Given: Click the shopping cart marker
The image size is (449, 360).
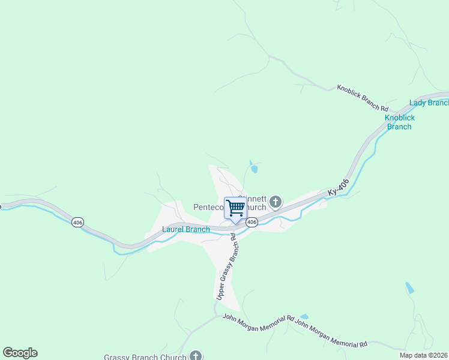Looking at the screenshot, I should click(x=236, y=208).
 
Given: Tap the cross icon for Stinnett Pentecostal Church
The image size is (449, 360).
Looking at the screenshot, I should click(x=276, y=202).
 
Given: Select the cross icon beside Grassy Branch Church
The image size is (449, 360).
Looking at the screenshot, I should click(x=196, y=356).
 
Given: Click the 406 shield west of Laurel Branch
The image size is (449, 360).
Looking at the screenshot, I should click(x=77, y=222).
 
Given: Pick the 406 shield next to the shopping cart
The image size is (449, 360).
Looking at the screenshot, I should click(x=252, y=222).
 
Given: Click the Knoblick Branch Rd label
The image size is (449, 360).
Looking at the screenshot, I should click(x=362, y=97).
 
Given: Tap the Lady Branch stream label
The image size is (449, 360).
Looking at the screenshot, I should click(x=429, y=103).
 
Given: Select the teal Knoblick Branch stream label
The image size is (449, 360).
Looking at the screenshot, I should click(x=400, y=122).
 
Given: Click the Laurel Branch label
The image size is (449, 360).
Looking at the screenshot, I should click(x=186, y=229).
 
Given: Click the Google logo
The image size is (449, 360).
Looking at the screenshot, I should click(x=20, y=353).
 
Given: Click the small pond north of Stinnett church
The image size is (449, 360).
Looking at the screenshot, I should click(x=253, y=167).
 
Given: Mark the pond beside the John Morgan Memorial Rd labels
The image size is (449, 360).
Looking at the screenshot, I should click(x=304, y=316).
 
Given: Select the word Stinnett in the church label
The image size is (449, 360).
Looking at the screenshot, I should click(x=252, y=197).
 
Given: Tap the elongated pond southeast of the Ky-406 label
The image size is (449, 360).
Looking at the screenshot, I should click(x=409, y=287).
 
